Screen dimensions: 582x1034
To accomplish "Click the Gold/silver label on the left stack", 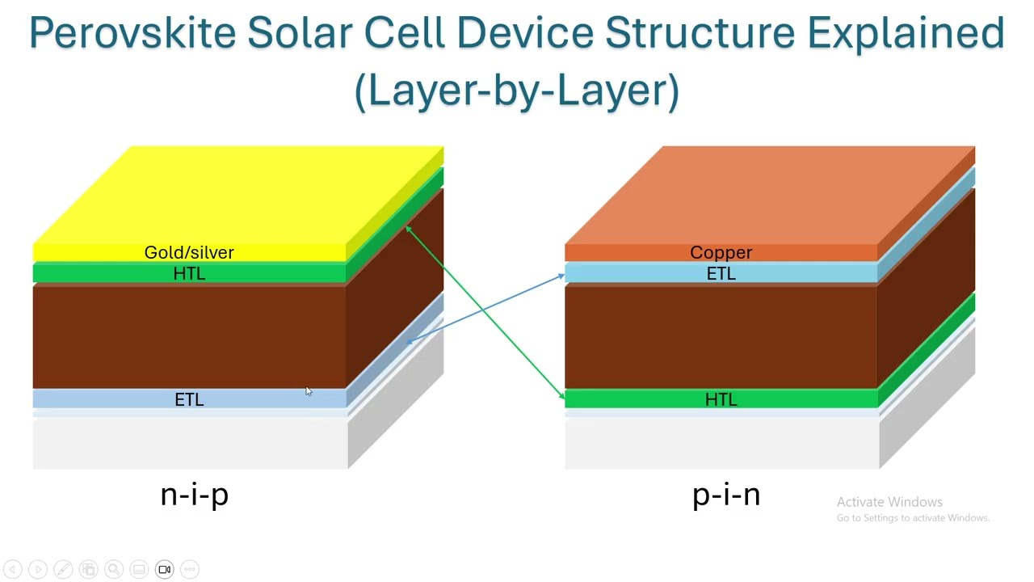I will click(x=189, y=252).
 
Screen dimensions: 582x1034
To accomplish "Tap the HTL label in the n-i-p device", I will click(x=189, y=274).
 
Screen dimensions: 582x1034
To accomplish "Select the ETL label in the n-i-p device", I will click(x=189, y=399).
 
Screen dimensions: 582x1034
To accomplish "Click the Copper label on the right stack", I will click(x=721, y=252).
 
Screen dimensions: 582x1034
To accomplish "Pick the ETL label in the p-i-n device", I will click(x=721, y=274).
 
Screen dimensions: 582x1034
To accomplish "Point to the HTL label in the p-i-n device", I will click(x=721, y=399).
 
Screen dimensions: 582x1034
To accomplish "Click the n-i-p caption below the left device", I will click(x=194, y=494).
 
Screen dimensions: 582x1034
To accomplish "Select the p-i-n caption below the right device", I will click(x=725, y=494).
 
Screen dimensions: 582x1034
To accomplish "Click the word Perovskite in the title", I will click(x=132, y=34).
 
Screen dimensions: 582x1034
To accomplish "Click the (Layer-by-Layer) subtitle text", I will click(x=517, y=91).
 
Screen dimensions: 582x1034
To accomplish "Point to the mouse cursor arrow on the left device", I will click(x=308, y=391).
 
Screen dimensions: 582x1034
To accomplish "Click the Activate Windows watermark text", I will click(x=889, y=502).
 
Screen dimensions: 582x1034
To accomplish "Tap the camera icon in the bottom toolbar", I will click(x=164, y=570).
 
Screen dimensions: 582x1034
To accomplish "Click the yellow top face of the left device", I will click(x=242, y=194).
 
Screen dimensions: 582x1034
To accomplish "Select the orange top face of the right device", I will click(x=767, y=194).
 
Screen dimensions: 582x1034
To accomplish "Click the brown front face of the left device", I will click(x=189, y=335).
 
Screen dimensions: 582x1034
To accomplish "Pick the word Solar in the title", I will click(x=299, y=34).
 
